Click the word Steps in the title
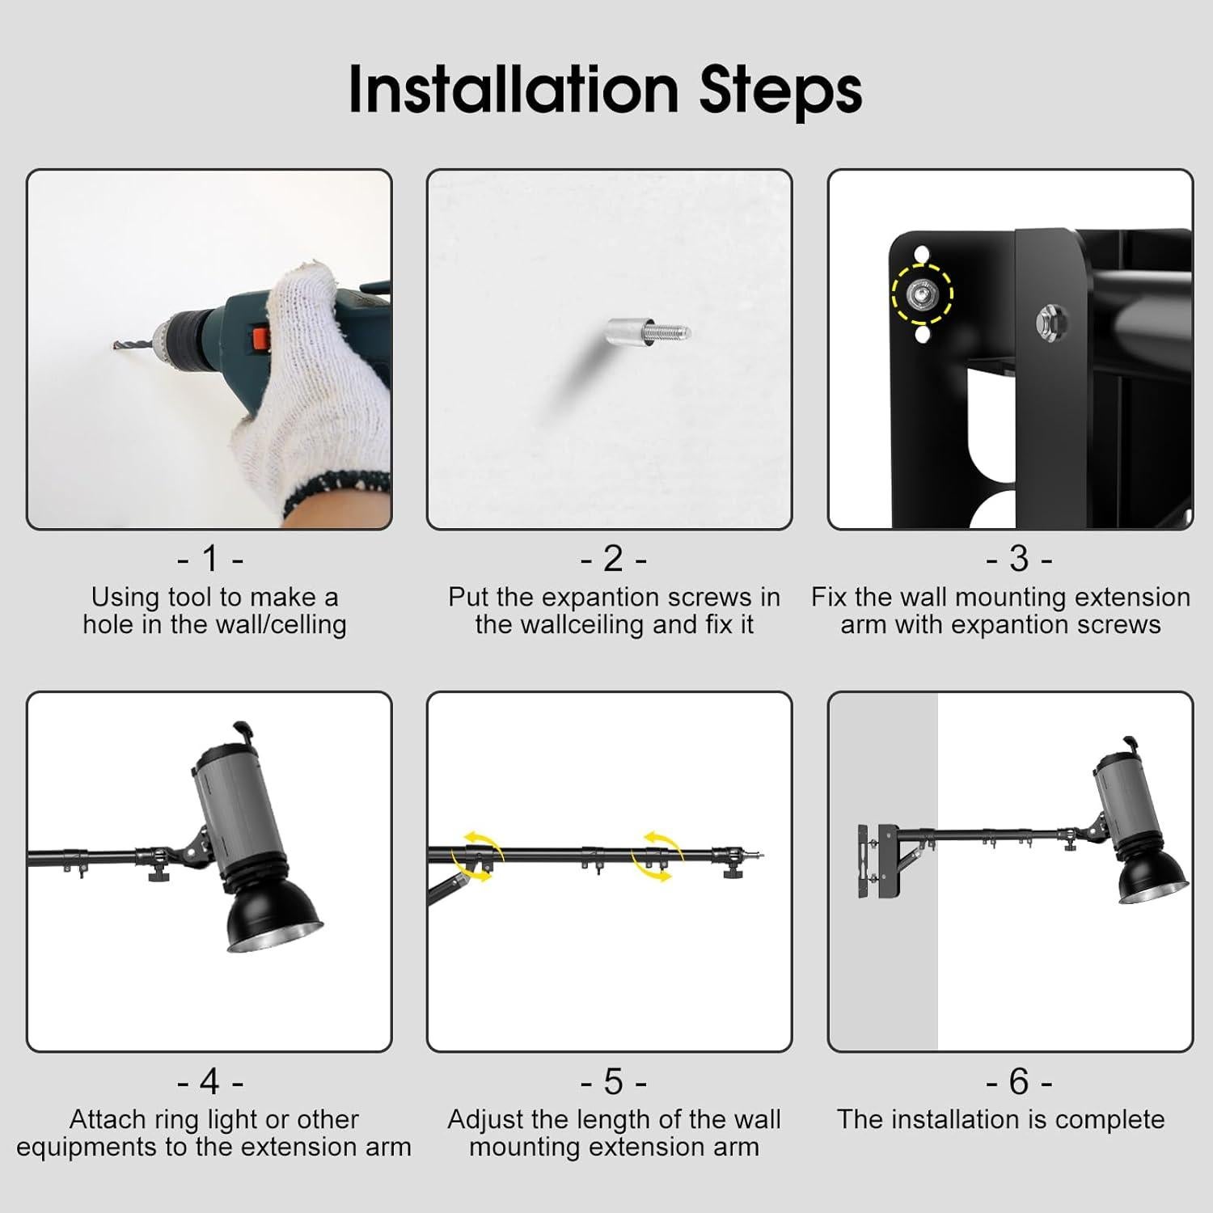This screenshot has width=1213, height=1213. tap(780, 91)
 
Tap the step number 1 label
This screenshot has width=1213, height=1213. tap(210, 558)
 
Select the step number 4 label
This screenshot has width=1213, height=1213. tap(210, 1080)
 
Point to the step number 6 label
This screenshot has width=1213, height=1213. tap(1019, 1080)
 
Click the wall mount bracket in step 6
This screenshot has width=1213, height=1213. tap(877, 862)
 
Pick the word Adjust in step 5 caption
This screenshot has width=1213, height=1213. tap(486, 1121)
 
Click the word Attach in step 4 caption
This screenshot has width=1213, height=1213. tap(108, 1120)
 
